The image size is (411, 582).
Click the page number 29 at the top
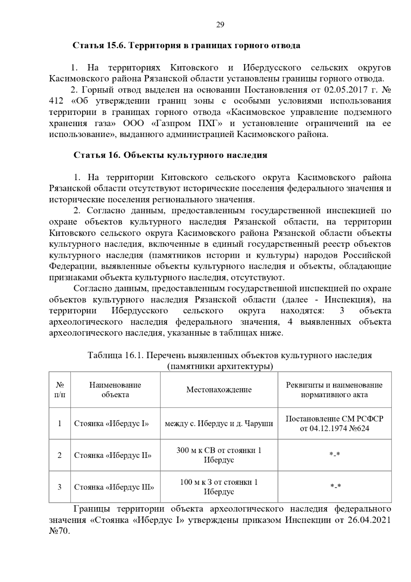pos(220,25)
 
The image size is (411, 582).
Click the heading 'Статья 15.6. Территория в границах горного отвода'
pos(187,45)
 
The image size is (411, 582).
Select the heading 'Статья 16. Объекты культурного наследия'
pos(170,155)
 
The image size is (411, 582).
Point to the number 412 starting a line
pos(57,101)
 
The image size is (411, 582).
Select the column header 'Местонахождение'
pos(219,390)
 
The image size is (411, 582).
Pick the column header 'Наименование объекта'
pos(115,390)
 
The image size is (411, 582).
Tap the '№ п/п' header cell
pos(60,390)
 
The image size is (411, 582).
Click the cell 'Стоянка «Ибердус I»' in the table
pos(112,424)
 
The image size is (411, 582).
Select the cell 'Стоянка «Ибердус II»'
pos(113,455)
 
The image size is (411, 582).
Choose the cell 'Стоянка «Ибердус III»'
pos(114,487)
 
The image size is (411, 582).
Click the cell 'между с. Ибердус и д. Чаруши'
pos(219,424)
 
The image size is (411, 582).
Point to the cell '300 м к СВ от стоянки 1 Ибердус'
pos(219,455)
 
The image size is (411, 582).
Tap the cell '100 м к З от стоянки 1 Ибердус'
pos(219,487)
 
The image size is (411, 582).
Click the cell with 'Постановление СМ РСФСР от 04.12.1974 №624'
pos(334,424)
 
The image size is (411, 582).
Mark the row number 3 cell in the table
pos(60,487)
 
